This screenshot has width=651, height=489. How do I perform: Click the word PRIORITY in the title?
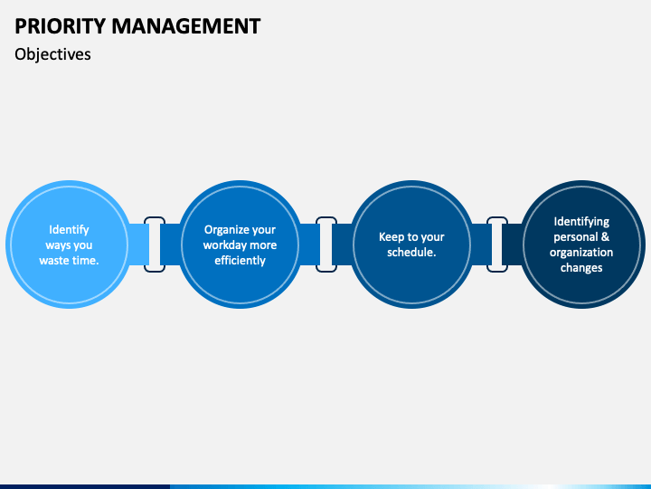61,25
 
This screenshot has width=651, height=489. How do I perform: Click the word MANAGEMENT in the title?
186,25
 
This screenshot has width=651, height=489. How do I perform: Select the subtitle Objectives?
52,54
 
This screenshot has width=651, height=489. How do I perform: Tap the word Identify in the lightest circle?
69,230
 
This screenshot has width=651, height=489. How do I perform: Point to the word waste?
55,261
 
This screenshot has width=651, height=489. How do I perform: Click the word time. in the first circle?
86,261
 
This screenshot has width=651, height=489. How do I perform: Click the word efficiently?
240,261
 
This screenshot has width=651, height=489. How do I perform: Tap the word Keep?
389,237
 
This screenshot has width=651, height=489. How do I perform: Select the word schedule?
411,253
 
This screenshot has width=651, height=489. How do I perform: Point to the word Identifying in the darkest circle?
581,222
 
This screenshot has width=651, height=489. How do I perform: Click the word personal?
575,237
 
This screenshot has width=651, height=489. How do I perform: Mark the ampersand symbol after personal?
605,237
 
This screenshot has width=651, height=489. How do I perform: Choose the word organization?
581,253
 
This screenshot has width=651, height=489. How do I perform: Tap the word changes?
581,268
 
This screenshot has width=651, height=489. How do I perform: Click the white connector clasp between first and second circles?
155,244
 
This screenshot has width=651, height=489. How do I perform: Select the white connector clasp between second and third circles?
326,244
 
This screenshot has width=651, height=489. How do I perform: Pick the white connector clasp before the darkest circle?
497,244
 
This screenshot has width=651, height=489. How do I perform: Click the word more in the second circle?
263,245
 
